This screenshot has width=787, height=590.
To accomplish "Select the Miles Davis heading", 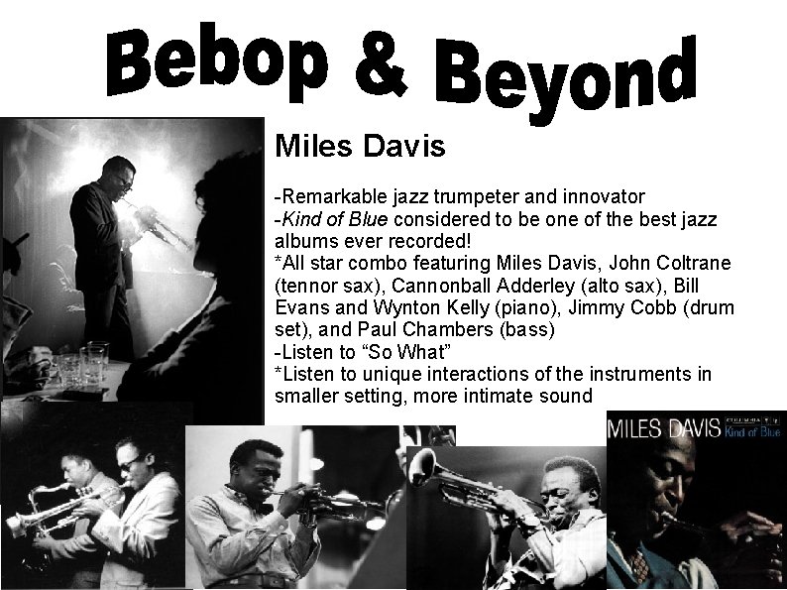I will [360, 148].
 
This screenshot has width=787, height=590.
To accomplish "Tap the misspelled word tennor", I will [308, 286].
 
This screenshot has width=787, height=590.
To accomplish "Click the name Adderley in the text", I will [520, 286].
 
